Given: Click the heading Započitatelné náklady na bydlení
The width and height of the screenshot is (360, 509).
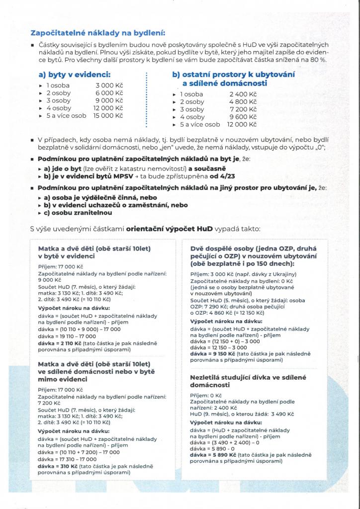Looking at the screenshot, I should click(x=98, y=33).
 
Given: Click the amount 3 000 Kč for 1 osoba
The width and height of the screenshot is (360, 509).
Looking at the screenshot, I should click(x=109, y=85).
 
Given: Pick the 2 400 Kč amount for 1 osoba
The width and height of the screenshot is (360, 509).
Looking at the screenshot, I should click(x=243, y=94).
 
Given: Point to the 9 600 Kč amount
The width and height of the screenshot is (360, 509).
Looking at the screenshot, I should click(x=243, y=117).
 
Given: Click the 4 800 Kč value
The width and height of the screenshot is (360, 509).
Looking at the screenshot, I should click(x=243, y=102).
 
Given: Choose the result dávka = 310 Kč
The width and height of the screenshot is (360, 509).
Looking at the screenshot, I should click(x=54, y=466).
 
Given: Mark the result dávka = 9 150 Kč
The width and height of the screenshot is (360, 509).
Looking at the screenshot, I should click(x=208, y=353).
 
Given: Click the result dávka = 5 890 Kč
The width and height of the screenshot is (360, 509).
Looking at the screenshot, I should click(x=208, y=454).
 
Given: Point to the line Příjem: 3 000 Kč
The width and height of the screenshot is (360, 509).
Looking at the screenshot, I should click(x=211, y=274).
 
